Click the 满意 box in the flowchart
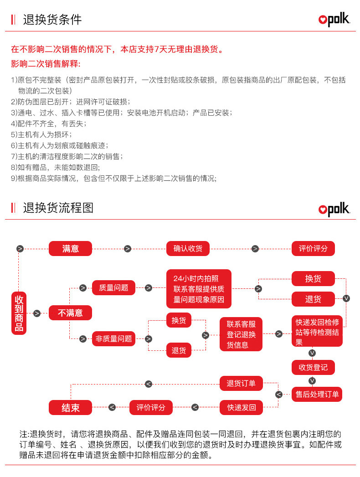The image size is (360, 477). tap(70, 248)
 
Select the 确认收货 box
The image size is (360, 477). tap(188, 248)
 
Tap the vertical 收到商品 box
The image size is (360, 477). tap(19, 313)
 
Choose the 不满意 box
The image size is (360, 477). tap(70, 313)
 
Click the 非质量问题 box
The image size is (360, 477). tap(113, 339)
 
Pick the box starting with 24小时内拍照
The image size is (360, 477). tap(199, 289)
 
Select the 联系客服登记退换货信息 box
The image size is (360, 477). tap(241, 334)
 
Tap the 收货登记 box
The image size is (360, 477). tap(313, 367)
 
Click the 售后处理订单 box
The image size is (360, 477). tap(317, 394)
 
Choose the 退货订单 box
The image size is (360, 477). tap(241, 384)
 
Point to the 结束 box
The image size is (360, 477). tap(70, 407)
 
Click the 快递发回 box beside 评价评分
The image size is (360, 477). tap(241, 407)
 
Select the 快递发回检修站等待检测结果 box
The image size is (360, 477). tap(317, 331)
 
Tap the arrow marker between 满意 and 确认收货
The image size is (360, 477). tap(128, 249)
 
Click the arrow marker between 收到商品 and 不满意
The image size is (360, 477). tap(37, 313)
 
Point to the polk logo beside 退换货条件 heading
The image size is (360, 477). tap(334, 20)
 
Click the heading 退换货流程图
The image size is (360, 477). tap(58, 208)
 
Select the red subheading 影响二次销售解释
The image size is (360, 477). tap(46, 63)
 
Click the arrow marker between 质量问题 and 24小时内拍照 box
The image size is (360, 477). tap(149, 288)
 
